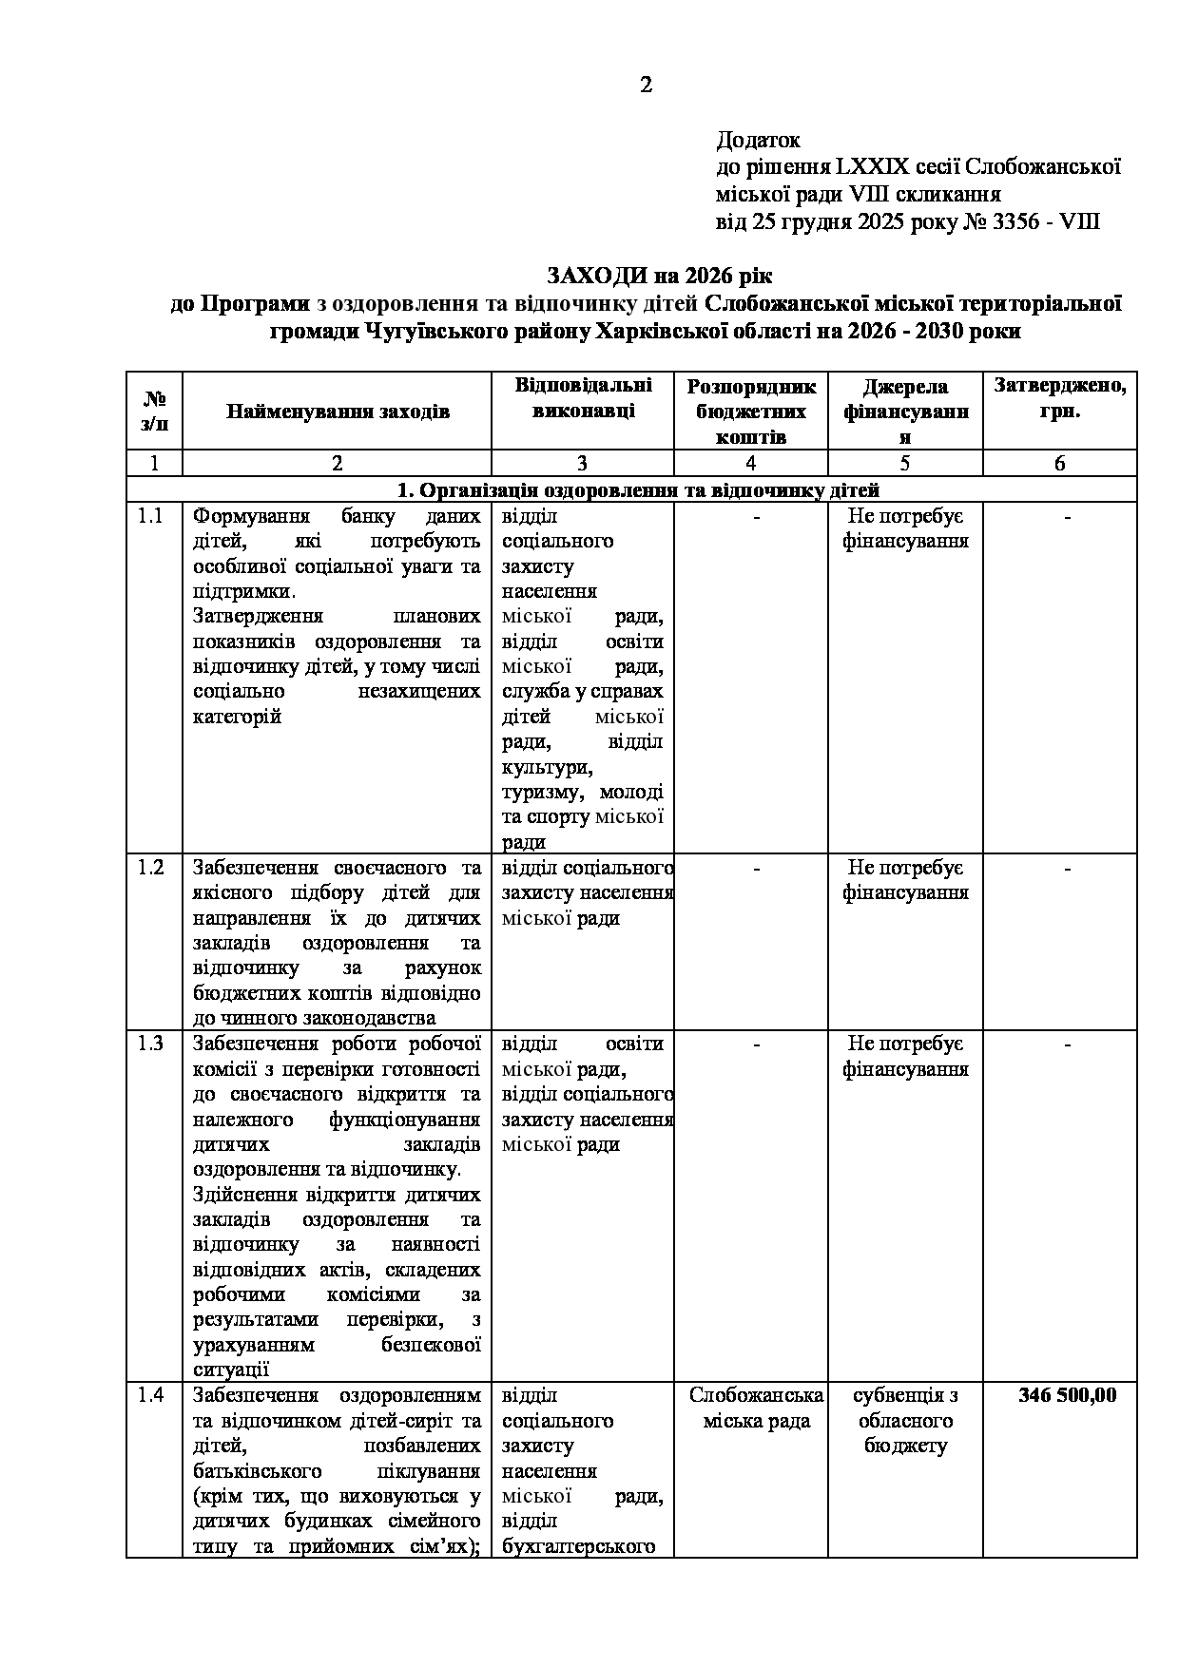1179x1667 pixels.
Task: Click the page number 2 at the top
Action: [x=646, y=86]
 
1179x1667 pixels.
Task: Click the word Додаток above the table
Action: [x=758, y=141]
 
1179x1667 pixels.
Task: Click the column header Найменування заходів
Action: [x=338, y=412]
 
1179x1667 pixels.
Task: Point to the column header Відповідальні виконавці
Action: [x=583, y=399]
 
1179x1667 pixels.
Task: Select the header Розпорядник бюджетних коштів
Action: [x=751, y=412]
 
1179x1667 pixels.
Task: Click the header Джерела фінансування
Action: [x=905, y=412]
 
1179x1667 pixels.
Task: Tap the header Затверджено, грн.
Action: [x=1059, y=399]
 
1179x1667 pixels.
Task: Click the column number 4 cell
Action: [x=751, y=463]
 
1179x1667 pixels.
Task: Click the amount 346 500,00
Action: [x=1067, y=1395]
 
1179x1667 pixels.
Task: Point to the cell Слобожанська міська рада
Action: [x=756, y=1408]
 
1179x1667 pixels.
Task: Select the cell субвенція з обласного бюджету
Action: [x=905, y=1420]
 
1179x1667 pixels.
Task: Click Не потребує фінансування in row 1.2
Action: [x=905, y=880]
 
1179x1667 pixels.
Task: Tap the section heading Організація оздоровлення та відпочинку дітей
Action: [x=637, y=490]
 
